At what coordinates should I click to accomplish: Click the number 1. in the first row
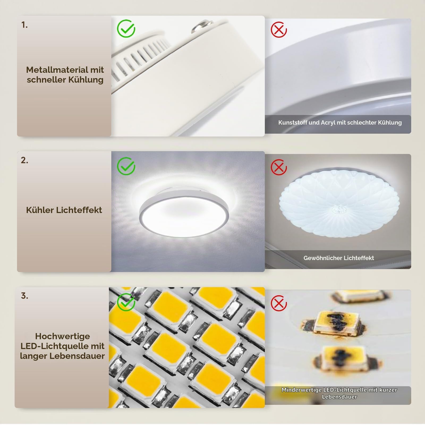coord(24,25)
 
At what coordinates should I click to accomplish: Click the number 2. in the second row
coord(24,160)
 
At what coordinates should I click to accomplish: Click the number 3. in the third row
coord(24,296)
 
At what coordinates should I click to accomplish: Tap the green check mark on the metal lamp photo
coord(126,28)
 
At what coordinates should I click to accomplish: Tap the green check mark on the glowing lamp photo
coord(126,166)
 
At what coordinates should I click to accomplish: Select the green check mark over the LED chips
coord(126,302)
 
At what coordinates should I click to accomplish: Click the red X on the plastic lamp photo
coord(279,29)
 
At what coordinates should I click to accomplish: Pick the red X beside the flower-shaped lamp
coord(279,167)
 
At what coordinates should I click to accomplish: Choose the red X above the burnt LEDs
coord(279,303)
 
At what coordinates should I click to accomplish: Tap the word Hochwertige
coord(63,336)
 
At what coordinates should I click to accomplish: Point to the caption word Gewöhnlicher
coord(320,258)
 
